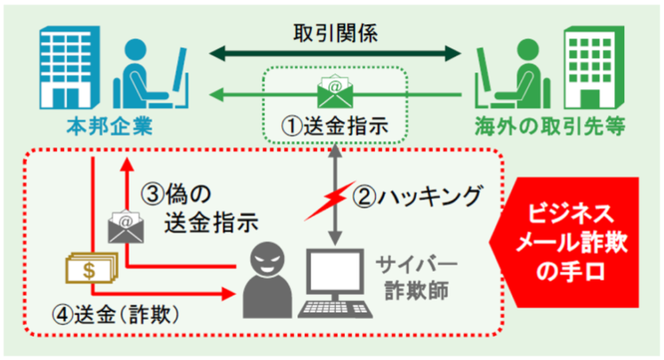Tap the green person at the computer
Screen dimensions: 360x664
(511, 73)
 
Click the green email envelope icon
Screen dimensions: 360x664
(335, 92)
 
